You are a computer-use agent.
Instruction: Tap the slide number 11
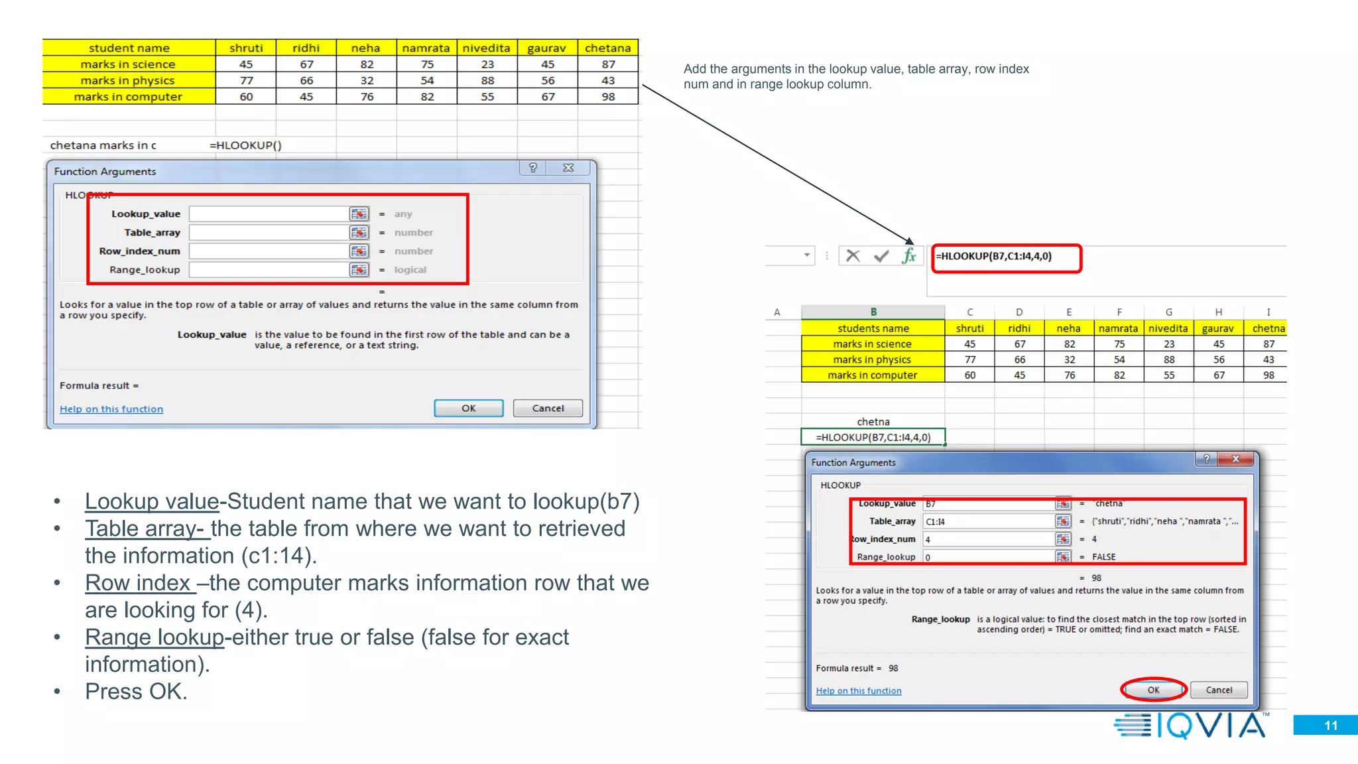(1330, 726)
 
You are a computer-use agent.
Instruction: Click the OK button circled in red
(1153, 690)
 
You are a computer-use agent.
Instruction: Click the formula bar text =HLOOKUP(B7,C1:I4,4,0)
(993, 257)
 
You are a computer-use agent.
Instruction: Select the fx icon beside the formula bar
(908, 256)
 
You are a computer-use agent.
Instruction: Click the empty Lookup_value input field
(269, 214)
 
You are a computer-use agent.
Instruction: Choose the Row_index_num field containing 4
(988, 539)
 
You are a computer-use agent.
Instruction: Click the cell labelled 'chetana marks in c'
(103, 145)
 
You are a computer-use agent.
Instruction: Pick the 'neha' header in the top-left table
(365, 48)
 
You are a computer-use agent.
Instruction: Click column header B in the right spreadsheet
(873, 312)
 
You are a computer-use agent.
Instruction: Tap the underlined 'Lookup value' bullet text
(152, 501)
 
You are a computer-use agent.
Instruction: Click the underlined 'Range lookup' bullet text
(154, 637)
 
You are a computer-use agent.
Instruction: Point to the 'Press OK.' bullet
(136, 692)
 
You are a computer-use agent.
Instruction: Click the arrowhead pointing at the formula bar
(910, 241)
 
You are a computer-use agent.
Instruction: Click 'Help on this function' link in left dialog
(111, 409)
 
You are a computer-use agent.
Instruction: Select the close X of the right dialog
(1235, 459)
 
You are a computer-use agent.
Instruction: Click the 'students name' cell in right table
(873, 328)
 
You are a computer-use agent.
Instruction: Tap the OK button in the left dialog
(468, 409)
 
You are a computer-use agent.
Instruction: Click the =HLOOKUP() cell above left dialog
(245, 145)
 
